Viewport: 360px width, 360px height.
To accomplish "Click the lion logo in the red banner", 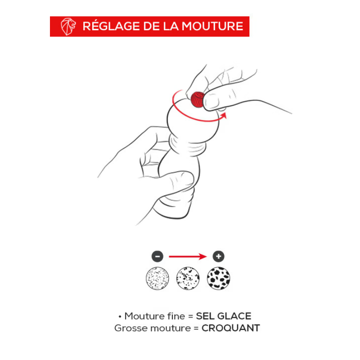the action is coord(68,27).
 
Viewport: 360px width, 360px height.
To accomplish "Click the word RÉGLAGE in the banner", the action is coord(111,26).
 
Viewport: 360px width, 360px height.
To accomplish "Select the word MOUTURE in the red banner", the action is coord(212,26).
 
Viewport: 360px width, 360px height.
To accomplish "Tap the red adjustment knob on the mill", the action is coord(198,99).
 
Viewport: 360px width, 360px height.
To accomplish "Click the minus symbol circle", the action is coord(157,256).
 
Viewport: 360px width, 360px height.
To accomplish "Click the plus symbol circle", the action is coord(218,256).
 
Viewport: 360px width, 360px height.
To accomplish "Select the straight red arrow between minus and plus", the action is coord(188,256).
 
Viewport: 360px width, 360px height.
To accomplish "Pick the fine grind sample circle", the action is coord(157,278).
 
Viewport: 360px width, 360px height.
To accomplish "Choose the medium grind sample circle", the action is coord(188,278).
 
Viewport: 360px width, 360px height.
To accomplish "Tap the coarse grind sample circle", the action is coord(218,278).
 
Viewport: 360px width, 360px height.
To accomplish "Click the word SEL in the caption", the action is coord(205,316).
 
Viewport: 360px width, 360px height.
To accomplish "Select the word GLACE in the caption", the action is coord(234,316).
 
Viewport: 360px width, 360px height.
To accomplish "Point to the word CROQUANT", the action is coord(231,328).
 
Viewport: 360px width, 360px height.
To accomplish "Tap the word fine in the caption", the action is coord(176,316).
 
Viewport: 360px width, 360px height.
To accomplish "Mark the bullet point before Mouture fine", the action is coord(120,317).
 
